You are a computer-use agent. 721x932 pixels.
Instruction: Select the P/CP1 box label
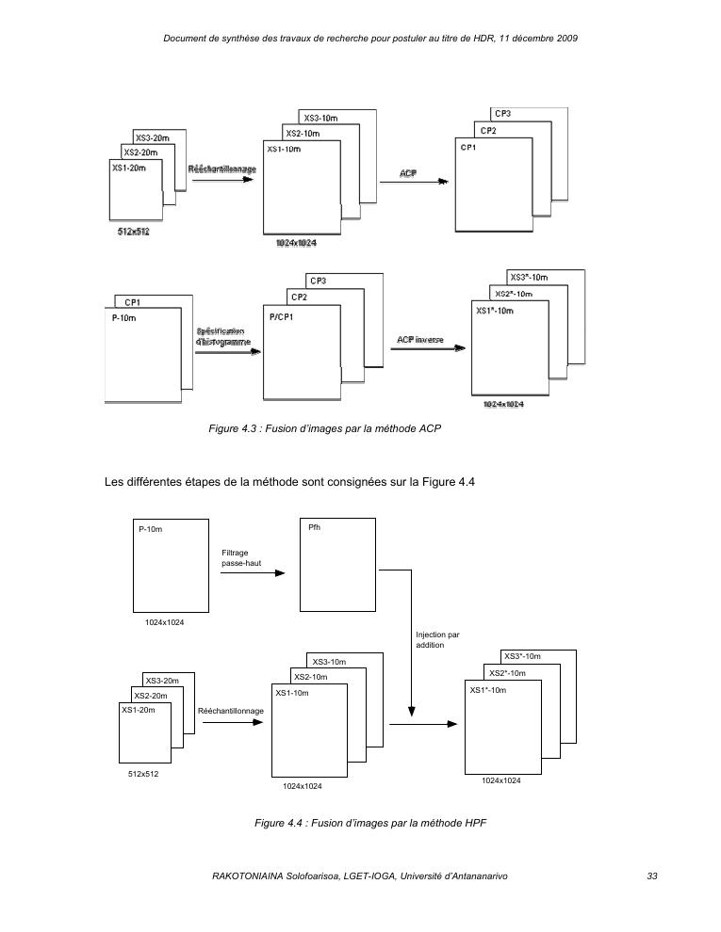click(282, 317)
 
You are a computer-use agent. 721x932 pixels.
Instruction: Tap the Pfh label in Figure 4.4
click(315, 527)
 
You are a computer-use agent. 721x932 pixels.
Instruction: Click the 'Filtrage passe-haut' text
click(235, 557)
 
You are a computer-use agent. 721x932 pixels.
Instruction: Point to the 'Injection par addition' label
click(437, 640)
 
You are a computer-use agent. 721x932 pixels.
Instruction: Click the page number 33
click(651, 876)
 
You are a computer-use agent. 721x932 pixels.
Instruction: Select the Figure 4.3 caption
click(325, 428)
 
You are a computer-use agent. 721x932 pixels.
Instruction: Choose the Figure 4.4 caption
click(369, 823)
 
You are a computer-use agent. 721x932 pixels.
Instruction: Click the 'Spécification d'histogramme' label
click(223, 337)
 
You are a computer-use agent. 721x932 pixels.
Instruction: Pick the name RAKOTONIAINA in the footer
click(251, 876)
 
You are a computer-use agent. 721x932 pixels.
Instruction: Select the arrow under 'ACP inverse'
click(427, 348)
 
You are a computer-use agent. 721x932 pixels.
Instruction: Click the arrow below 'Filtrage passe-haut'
click(252, 572)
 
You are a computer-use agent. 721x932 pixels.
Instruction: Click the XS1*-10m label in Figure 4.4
click(488, 690)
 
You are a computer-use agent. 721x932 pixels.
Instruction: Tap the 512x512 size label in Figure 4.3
click(132, 232)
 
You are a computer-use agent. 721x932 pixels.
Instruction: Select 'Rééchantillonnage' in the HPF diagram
click(231, 711)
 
